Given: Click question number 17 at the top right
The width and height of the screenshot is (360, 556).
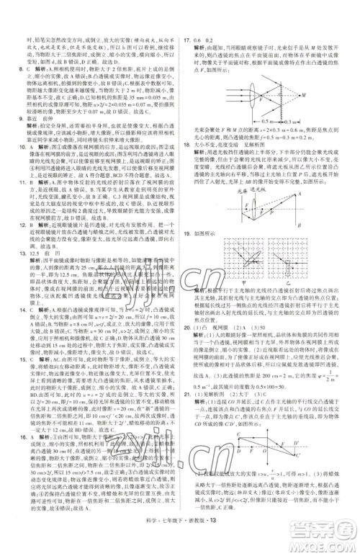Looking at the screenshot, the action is click(x=186, y=22).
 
